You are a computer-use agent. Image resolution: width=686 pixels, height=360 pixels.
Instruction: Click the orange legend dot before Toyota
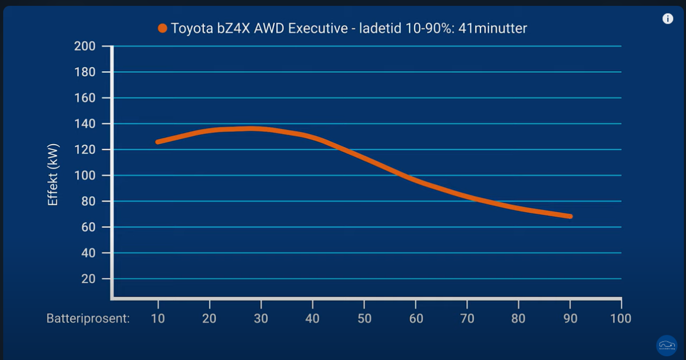point(162,28)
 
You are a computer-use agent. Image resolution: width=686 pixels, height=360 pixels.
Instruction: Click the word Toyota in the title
point(191,28)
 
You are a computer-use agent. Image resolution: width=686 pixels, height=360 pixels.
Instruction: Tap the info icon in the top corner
point(668,19)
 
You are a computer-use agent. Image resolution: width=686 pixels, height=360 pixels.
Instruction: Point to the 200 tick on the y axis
point(85,47)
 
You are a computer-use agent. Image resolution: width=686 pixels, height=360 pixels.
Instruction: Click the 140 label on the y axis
point(85,124)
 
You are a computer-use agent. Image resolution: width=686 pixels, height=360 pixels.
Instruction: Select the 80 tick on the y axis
point(88,201)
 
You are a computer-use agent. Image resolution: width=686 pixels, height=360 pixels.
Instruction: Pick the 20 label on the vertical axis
point(88,279)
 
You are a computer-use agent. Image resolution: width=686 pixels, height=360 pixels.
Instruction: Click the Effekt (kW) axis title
point(53,175)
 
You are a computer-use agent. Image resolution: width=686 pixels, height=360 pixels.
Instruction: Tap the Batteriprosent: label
point(88,319)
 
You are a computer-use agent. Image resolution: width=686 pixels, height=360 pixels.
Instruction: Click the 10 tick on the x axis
point(158,319)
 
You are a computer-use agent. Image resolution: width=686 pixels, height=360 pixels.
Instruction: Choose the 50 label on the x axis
point(364,319)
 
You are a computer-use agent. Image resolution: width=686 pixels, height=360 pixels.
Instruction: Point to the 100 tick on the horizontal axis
point(621,319)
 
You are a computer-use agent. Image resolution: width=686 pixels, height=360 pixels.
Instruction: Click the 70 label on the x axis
point(467,319)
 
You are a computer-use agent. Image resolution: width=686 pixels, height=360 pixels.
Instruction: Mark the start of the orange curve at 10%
point(158,142)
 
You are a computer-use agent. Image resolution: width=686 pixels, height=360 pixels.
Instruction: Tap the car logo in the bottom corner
point(667,346)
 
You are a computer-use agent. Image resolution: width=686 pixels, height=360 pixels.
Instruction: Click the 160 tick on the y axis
point(85,98)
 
